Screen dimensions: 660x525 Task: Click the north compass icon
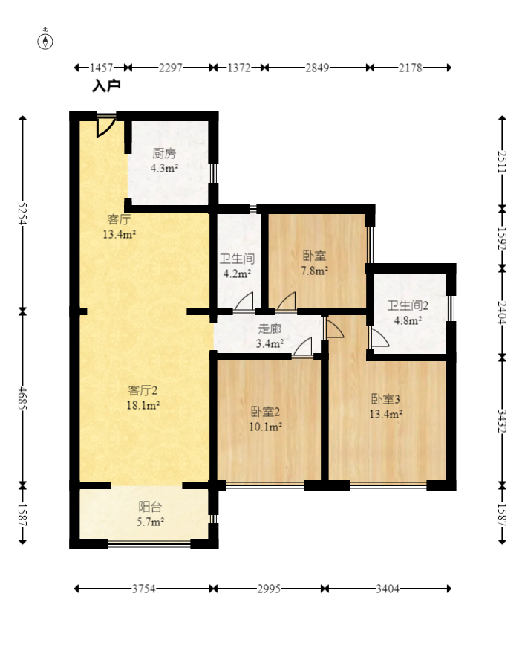tap(46, 40)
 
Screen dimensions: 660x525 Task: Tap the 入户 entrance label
tap(106, 86)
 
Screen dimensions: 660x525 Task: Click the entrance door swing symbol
tap(105, 126)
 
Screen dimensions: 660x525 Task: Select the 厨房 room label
tap(164, 154)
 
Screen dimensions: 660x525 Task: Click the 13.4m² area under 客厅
tap(119, 235)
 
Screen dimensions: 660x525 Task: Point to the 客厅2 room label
tap(143, 390)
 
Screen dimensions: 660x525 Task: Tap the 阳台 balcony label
tap(151, 508)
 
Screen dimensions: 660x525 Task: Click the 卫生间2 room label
tap(408, 305)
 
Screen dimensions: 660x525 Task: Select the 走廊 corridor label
tap(270, 329)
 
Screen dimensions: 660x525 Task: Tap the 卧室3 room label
tap(386, 398)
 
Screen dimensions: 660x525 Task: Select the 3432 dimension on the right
tap(503, 421)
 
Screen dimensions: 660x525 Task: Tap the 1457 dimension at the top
tap(102, 68)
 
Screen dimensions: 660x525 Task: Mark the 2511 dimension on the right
tap(503, 162)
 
